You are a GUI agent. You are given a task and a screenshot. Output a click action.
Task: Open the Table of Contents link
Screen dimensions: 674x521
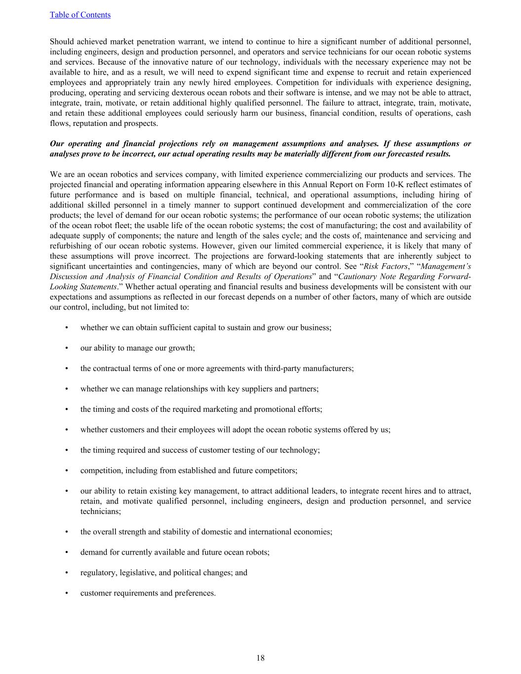coord(80,15)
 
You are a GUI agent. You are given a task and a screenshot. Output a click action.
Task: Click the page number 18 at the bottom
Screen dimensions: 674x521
coord(260,658)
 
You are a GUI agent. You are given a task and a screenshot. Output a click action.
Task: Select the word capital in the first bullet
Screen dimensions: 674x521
coord(202,327)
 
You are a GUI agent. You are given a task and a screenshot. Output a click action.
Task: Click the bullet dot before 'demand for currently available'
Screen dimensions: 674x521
coord(66,553)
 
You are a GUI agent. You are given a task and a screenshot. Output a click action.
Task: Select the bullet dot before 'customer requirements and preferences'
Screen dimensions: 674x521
coord(66,593)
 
